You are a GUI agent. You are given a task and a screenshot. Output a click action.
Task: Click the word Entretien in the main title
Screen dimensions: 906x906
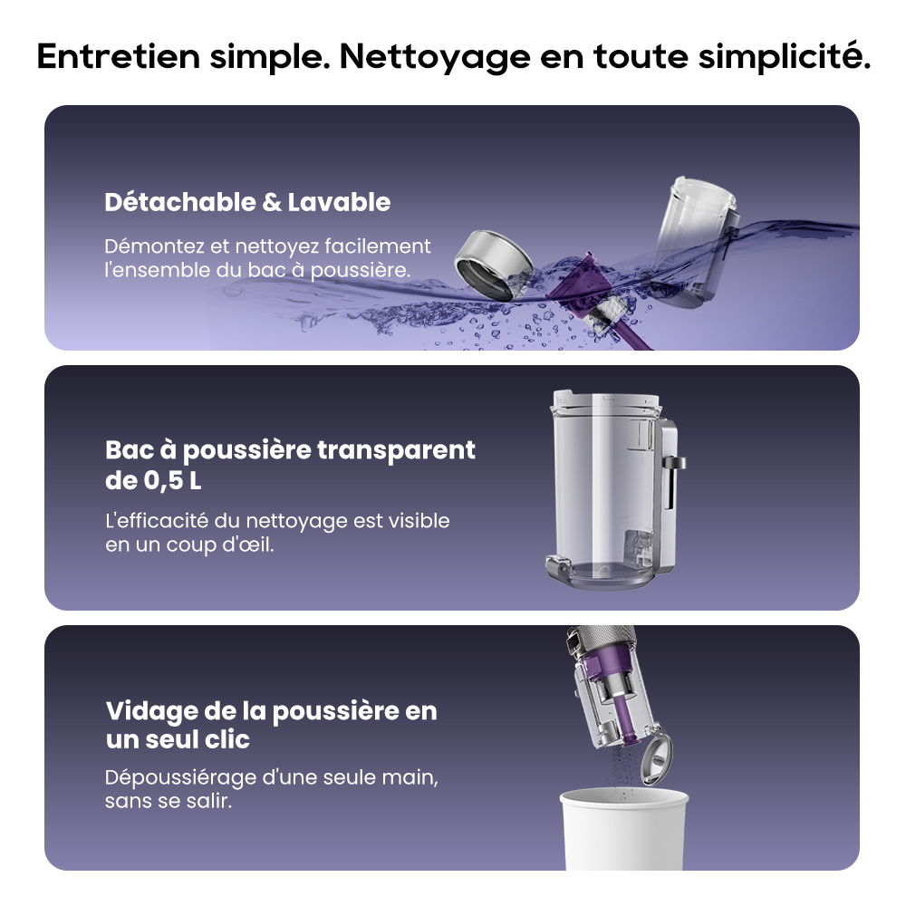point(118,56)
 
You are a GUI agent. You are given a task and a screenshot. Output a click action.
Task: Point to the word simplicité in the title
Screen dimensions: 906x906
point(784,56)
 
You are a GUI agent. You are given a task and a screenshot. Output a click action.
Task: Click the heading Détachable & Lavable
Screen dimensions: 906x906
point(247,202)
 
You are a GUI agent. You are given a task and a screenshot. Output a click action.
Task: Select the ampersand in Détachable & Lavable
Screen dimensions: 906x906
point(272,203)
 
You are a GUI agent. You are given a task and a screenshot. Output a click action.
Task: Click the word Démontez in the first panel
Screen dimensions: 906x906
point(154,246)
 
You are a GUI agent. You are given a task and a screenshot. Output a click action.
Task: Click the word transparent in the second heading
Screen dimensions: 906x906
point(396,450)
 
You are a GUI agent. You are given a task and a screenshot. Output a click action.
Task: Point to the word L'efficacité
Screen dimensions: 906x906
point(157,521)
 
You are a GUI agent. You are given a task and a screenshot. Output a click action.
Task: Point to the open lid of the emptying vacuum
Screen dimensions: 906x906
point(658,758)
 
